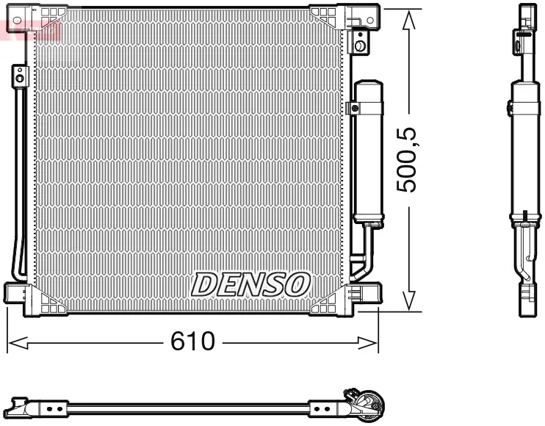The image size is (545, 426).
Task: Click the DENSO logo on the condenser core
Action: pos(250,284)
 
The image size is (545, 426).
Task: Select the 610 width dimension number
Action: pos(192,341)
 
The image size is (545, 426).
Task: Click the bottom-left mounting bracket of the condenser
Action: pos(22,296)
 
